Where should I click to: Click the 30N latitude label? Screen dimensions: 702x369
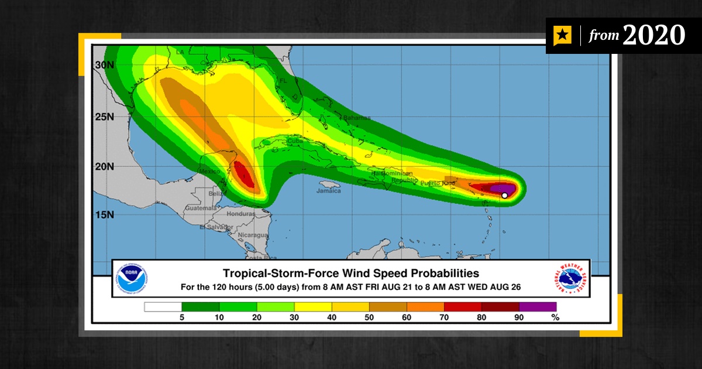105,65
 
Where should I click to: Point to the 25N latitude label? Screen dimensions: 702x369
105,116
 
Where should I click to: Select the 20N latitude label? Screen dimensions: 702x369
105,166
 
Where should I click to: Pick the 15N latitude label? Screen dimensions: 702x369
105,215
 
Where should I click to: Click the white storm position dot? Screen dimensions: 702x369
504,196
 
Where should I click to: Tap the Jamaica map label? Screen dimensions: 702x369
328,191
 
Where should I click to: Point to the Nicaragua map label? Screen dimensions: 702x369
253,235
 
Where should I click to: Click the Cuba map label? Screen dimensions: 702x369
294,141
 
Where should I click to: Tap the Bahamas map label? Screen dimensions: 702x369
357,118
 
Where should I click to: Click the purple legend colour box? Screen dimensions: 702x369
538,306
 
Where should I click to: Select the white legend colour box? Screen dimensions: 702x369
163,306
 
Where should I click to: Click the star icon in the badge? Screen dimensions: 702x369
562,36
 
